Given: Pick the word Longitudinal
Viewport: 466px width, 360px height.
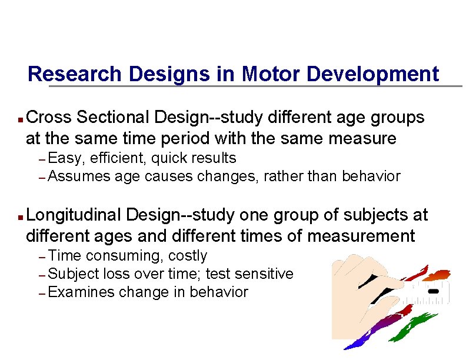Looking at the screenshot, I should [x=74, y=216].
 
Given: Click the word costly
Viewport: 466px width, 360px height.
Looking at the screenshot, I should [x=188, y=256].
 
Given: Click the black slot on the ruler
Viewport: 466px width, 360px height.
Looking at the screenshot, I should [x=434, y=291].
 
